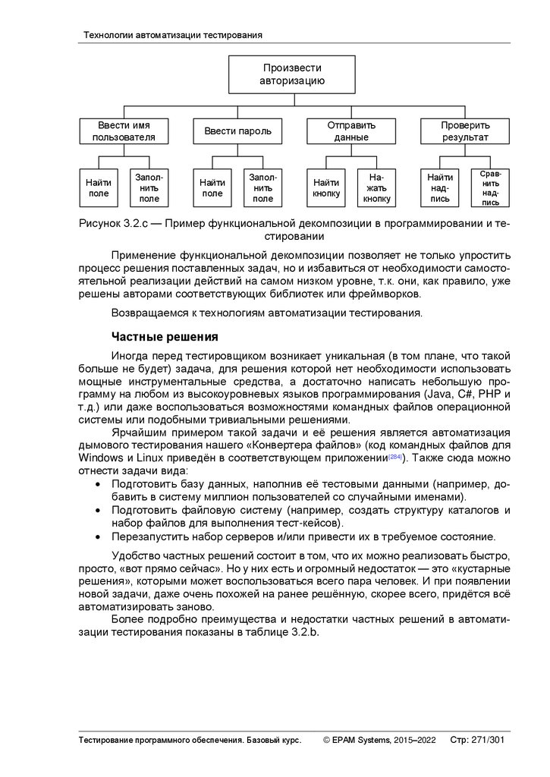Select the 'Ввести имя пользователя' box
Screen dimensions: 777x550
pyautogui.click(x=123, y=131)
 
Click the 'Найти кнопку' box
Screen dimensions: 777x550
pyautogui.click(x=326, y=187)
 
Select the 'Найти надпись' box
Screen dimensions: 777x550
pyautogui.click(x=440, y=187)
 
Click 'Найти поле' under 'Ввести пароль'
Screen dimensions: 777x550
pyautogui.click(x=212, y=187)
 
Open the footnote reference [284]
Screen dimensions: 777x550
pyautogui.click(x=395, y=458)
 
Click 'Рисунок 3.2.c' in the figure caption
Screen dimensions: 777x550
pyautogui.click(x=118, y=224)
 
